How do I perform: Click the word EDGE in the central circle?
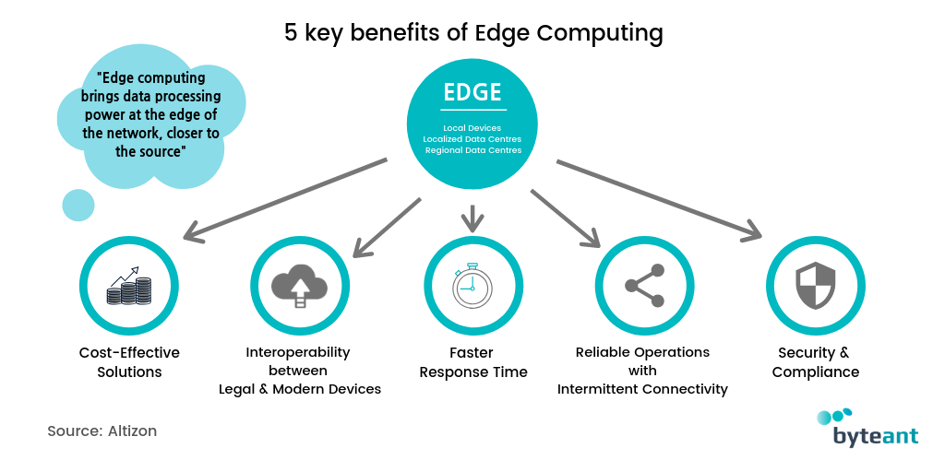pyautogui.click(x=472, y=92)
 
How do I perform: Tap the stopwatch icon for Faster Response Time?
pyautogui.click(x=472, y=286)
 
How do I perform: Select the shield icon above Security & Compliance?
pyautogui.click(x=816, y=286)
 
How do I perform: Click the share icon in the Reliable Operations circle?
pyautogui.click(x=644, y=286)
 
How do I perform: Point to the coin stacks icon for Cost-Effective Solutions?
pyautogui.click(x=129, y=286)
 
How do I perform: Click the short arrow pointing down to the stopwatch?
pyautogui.click(x=472, y=218)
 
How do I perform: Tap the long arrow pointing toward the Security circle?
pyautogui.click(x=659, y=199)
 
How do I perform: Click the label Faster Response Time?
pyautogui.click(x=472, y=362)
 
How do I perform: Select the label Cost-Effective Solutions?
pyautogui.click(x=129, y=362)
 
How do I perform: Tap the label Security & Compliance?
pyautogui.click(x=816, y=362)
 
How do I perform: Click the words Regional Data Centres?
pyautogui.click(x=472, y=150)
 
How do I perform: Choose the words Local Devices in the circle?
pyautogui.click(x=472, y=127)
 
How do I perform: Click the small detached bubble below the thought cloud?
pyautogui.click(x=78, y=205)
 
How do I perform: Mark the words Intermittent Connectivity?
pyautogui.click(x=642, y=389)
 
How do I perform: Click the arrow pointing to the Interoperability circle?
pyautogui.click(x=387, y=225)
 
